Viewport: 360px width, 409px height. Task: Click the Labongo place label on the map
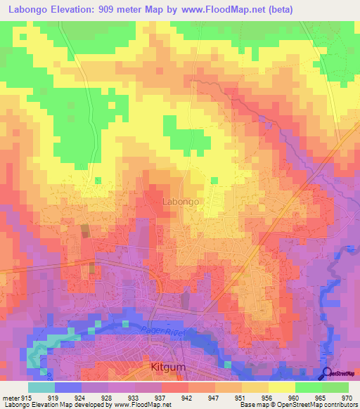tap(181, 201)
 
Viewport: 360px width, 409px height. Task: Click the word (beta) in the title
tap(278, 9)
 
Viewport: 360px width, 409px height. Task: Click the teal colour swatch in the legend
tap(41, 387)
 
